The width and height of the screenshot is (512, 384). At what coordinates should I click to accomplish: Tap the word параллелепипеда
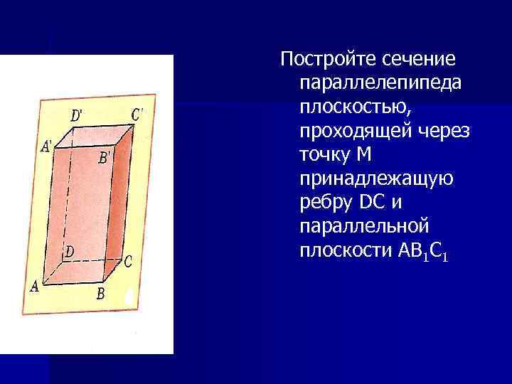coord(381,82)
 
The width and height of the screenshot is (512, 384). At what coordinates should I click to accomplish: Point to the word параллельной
coord(365,228)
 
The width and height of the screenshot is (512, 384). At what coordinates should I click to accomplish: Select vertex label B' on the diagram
coord(104,156)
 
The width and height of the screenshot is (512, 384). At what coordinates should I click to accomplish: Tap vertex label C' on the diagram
coord(137,112)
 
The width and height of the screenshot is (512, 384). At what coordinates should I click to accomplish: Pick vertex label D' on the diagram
coord(78,114)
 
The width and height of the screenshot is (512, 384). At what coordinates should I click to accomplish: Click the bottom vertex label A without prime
coord(33,287)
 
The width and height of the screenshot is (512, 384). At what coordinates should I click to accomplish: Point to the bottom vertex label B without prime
coord(101,292)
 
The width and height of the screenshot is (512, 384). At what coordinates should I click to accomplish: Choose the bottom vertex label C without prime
coord(128,262)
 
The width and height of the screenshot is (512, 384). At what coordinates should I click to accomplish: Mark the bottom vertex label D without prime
coord(70,251)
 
